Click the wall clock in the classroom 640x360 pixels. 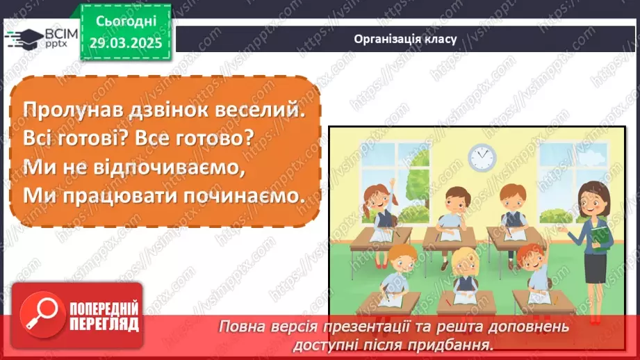click(x=482, y=158)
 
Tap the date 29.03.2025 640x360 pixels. click(x=125, y=42)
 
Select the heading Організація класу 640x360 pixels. click(x=404, y=38)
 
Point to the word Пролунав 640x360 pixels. click(x=66, y=109)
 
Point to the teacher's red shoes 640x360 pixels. click(x=595, y=319)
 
